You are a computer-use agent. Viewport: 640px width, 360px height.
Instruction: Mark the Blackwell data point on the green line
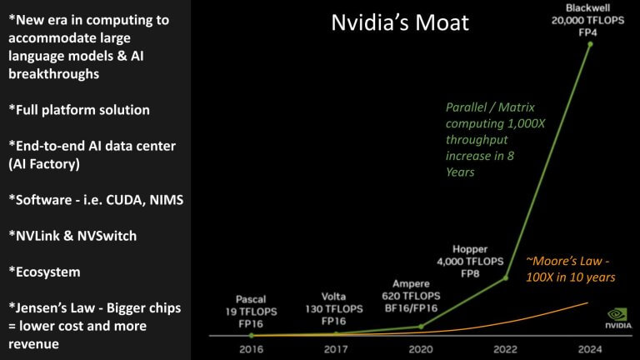pyautogui.click(x=591, y=44)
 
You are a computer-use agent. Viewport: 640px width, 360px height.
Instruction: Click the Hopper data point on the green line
pyautogui.click(x=506, y=278)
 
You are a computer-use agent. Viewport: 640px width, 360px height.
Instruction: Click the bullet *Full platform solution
pyautogui.click(x=79, y=110)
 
